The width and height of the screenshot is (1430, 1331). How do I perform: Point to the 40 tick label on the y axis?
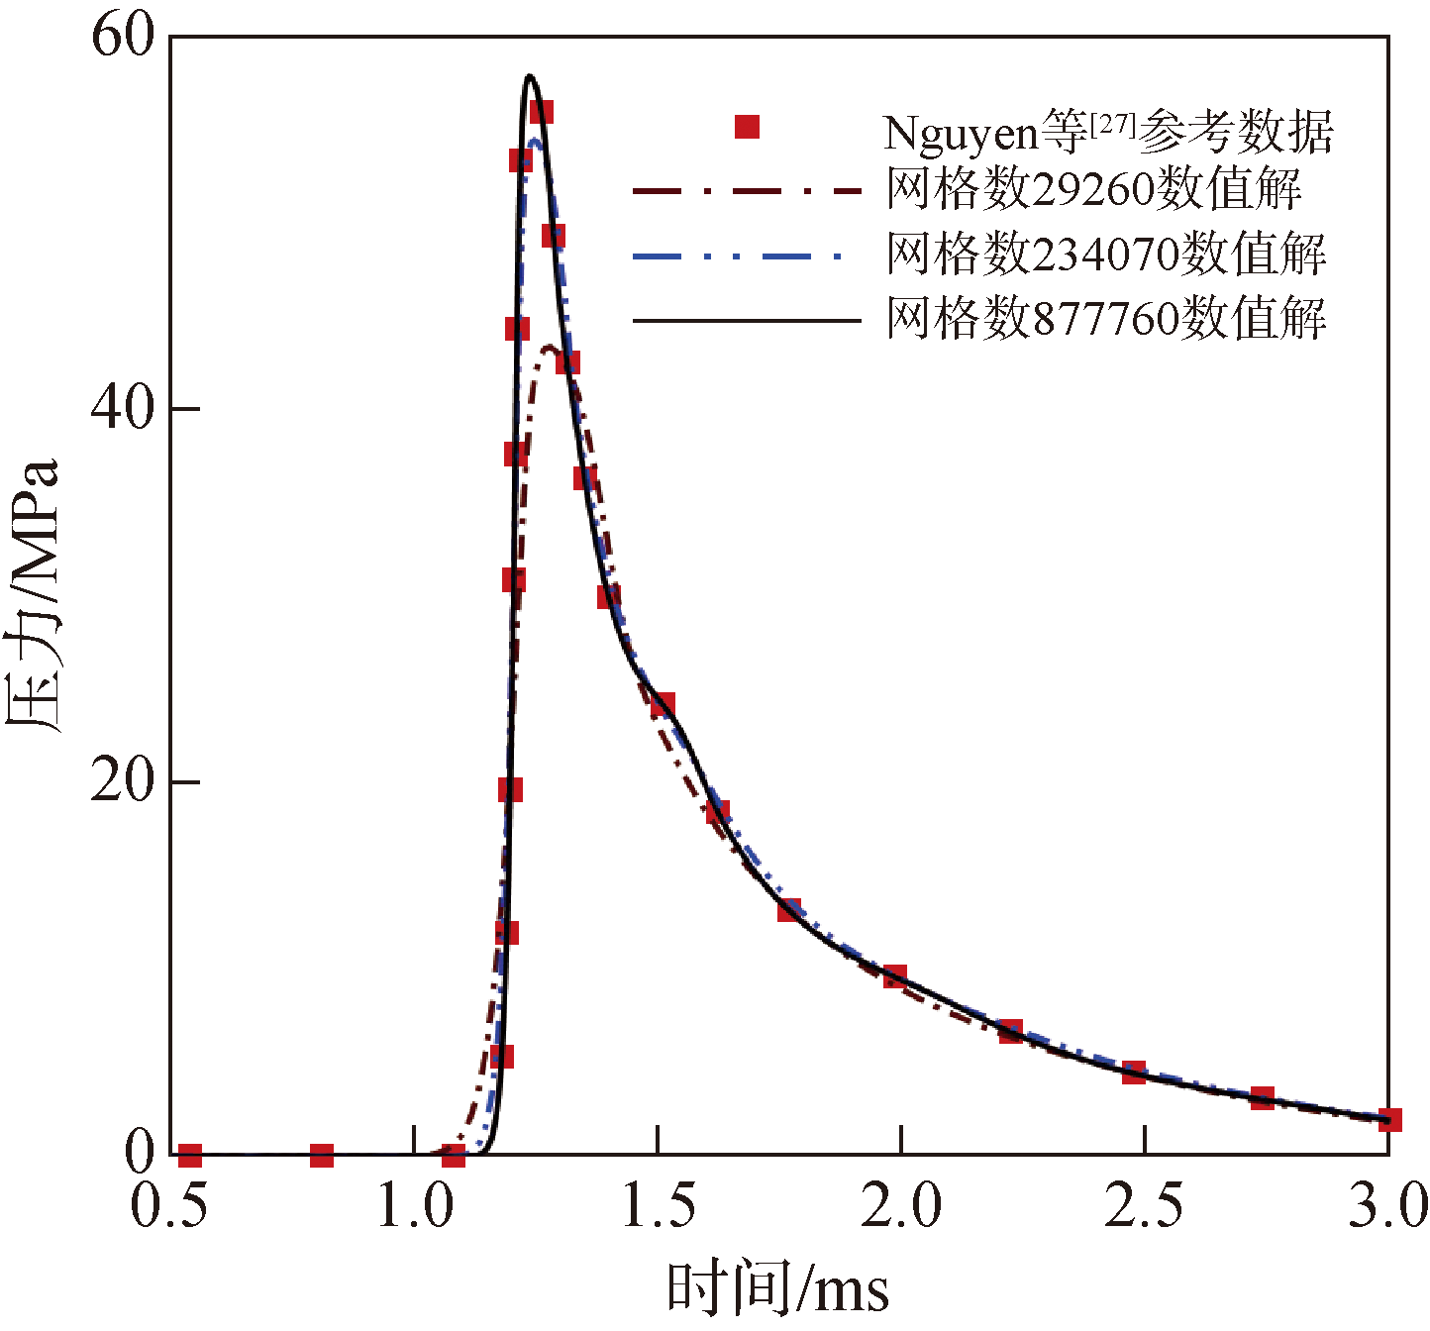123,408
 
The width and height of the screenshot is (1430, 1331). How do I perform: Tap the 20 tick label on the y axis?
123,781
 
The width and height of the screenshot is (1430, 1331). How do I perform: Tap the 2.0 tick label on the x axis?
899,1207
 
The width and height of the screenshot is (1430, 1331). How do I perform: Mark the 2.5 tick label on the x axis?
1144,1207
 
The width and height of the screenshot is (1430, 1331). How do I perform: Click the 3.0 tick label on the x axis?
1386,1207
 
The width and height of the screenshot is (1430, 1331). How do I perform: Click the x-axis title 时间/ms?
778,1288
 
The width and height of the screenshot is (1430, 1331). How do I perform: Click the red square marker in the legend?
747,127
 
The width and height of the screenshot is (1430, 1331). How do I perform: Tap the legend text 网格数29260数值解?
1093,189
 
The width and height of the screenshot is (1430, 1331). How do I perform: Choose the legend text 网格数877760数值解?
1106,319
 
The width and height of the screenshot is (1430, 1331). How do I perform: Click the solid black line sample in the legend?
747,320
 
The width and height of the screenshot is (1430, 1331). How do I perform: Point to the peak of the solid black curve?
530,75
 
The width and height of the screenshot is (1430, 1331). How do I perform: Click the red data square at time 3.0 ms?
1388,1120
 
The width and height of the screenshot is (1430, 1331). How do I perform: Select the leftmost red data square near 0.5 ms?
190,1155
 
